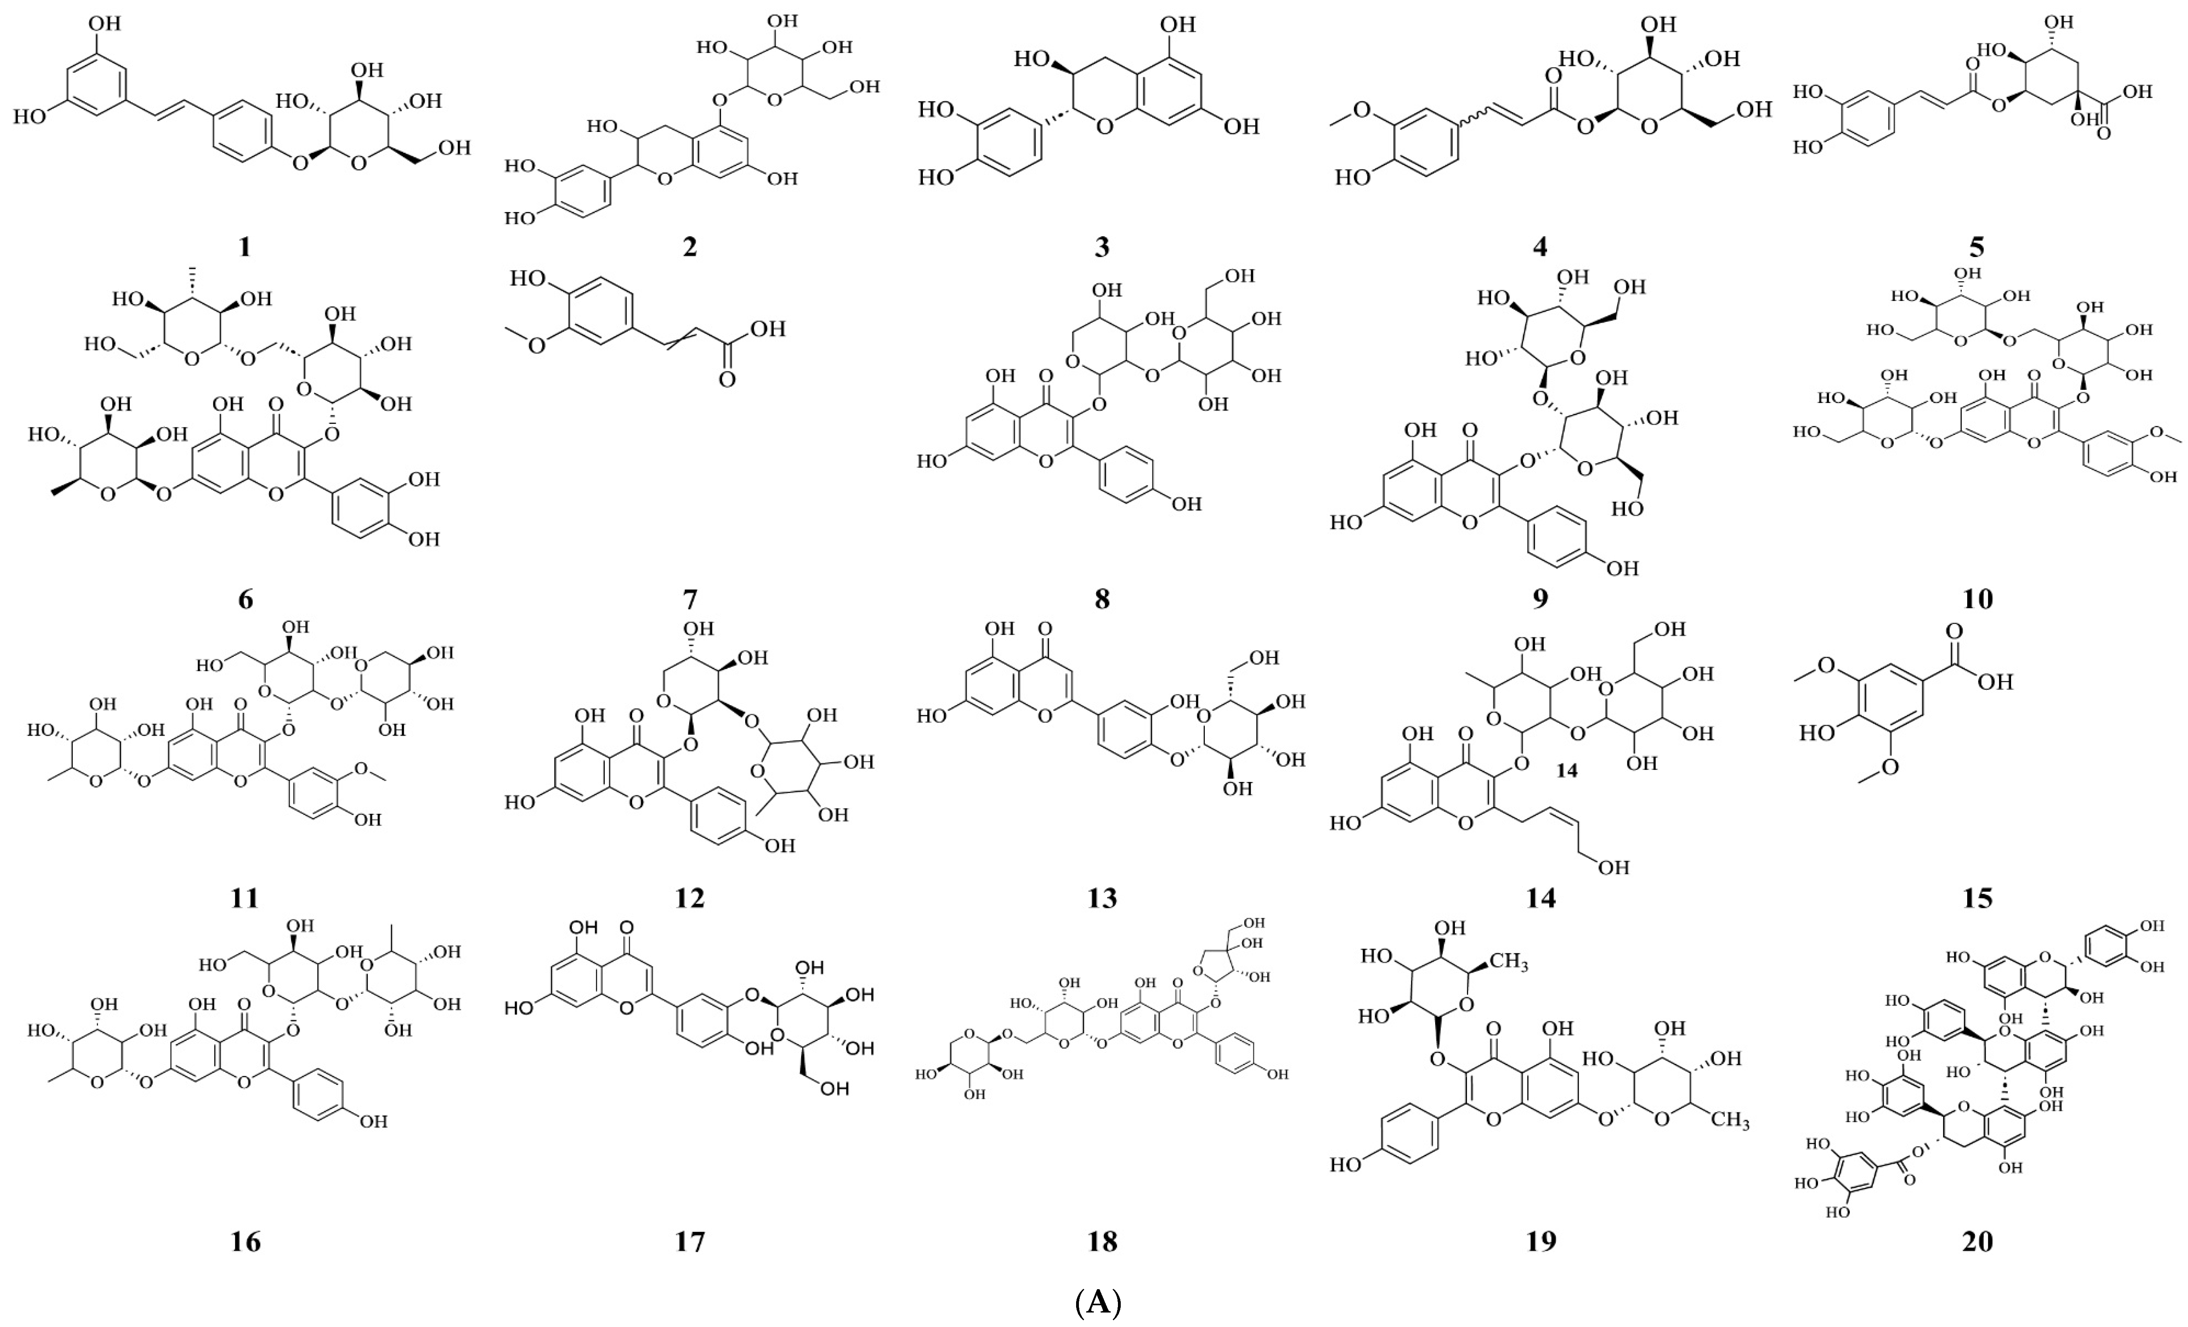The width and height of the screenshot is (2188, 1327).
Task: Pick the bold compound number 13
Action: tap(1102, 898)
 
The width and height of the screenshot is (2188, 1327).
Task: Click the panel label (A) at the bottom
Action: tap(1099, 1303)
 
